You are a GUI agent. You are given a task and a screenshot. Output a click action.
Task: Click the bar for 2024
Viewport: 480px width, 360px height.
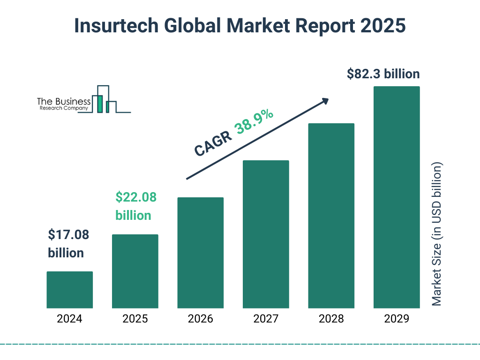(x=69, y=290)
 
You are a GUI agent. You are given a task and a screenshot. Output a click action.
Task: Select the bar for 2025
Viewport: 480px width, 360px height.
(x=135, y=271)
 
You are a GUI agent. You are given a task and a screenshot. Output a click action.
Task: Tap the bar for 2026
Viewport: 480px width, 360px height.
(x=200, y=253)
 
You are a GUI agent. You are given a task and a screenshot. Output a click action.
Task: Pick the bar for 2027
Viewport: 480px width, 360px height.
(x=266, y=234)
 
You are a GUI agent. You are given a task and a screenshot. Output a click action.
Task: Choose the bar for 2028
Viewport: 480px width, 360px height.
(x=331, y=216)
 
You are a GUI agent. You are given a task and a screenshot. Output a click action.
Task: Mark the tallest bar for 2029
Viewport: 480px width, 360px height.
(x=397, y=197)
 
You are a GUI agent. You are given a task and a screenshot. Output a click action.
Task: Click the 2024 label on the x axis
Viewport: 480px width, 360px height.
(x=69, y=319)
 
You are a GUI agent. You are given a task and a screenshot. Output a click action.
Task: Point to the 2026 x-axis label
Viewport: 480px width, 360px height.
(x=200, y=319)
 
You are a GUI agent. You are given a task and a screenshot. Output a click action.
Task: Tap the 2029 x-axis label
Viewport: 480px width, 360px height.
(x=397, y=319)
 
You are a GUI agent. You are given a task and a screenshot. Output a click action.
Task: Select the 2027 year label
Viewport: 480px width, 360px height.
(x=266, y=319)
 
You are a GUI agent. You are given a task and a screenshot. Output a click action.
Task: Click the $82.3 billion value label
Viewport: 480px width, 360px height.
(x=383, y=74)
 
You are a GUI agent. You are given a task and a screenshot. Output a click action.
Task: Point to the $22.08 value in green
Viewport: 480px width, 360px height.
(x=136, y=197)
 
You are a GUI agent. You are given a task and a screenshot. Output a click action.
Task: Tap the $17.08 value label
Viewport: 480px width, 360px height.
(x=68, y=235)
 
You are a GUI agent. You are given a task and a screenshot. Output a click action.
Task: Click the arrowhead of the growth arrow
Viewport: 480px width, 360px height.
(x=325, y=101)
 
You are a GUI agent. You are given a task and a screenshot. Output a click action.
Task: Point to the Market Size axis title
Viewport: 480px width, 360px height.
(x=437, y=234)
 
